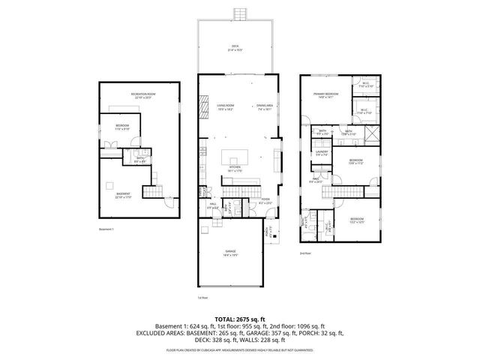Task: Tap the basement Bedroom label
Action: coord(122,127)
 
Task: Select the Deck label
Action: coord(235,48)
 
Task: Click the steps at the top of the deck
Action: coord(240,15)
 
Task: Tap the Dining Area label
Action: coord(263,107)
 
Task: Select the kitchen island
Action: coord(235,157)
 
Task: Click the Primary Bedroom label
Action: coord(326,94)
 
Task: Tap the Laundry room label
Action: coord(323,152)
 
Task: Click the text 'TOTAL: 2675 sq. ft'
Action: coord(240,319)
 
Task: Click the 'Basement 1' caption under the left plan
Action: coord(106,229)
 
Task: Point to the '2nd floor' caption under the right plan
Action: coord(305,253)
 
